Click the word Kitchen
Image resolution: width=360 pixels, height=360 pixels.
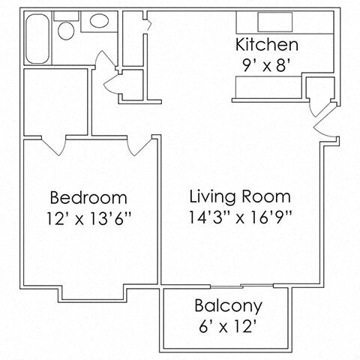click(x=266, y=43)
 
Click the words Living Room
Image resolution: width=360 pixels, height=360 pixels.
click(x=239, y=198)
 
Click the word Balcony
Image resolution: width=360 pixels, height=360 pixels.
click(x=228, y=306)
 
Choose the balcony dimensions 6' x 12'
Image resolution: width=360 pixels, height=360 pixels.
click(x=228, y=327)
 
